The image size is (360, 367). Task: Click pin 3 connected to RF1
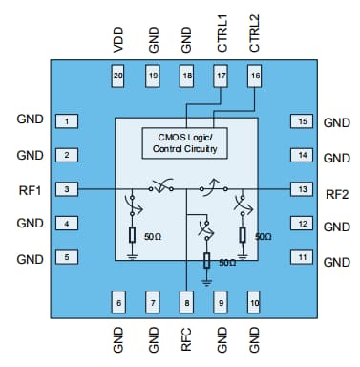[67, 190]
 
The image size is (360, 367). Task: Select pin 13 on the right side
[302, 190]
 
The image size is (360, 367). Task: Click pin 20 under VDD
[119, 75]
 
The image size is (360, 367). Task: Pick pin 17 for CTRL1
[221, 75]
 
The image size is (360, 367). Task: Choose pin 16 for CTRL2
[254, 75]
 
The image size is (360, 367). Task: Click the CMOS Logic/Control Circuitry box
[186, 143]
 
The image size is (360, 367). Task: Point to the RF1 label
[31, 189]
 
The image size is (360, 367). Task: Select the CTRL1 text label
[222, 31]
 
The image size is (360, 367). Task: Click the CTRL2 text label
[254, 31]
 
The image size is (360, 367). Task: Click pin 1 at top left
[67, 121]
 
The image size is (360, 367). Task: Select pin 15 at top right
[302, 121]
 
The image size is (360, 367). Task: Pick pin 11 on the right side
[302, 258]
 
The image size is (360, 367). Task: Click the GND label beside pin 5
[31, 258]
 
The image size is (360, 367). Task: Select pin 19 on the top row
[153, 75]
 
